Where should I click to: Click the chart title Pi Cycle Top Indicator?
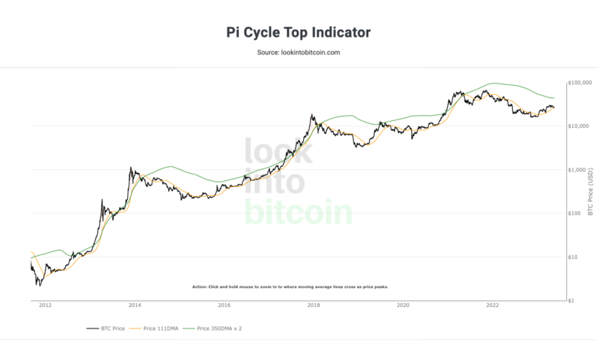[298, 32]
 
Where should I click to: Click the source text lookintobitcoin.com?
[298, 52]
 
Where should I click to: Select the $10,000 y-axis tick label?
[580, 126]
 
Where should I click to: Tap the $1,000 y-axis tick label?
[579, 169]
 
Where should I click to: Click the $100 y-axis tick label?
[577, 213]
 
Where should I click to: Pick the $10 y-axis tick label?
[576, 257]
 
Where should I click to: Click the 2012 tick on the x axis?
[44, 305]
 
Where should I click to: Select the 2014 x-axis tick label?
[135, 305]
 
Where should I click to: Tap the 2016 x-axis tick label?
[223, 305]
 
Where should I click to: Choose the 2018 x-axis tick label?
[313, 305]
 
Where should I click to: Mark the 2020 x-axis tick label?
[403, 305]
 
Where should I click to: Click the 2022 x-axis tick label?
[492, 305]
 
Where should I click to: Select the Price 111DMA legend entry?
[164, 328]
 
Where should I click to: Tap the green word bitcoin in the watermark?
[298, 211]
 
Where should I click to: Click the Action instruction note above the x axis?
[291, 286]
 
